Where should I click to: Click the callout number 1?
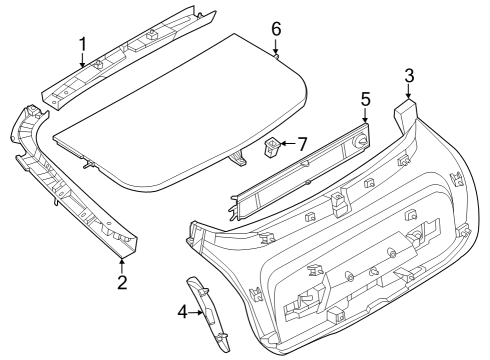tap(82, 43)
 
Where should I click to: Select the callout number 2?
tap(122, 282)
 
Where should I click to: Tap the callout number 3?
tap(408, 75)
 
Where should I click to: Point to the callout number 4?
tap(182, 311)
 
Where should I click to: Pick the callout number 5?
tap(365, 100)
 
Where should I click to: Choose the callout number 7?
tap(303, 144)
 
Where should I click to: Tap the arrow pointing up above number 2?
tap(122, 262)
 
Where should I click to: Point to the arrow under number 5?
tap(365, 120)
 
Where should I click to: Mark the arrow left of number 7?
tap(285, 144)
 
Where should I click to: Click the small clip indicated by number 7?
tap(270, 147)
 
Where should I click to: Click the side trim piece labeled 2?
tap(70, 190)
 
